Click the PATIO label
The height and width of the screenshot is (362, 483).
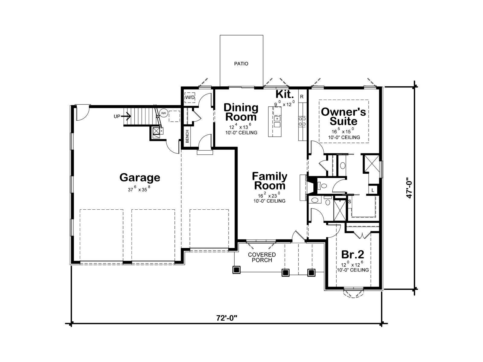[x=241, y=64]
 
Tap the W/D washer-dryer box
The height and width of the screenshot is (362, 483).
[x=190, y=97]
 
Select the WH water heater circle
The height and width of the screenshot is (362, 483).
[x=164, y=113]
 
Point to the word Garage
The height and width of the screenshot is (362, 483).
[x=140, y=178]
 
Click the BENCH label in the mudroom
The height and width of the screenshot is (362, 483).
[x=187, y=136]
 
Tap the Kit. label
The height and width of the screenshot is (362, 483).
[x=285, y=94]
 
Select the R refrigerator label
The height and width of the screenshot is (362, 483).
[x=302, y=97]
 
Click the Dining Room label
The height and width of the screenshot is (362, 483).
[x=241, y=112]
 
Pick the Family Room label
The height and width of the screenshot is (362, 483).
[x=270, y=181]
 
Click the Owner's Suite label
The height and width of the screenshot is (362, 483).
[x=343, y=116]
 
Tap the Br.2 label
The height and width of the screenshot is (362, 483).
[x=353, y=255]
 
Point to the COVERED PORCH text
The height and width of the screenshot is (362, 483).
[x=262, y=257]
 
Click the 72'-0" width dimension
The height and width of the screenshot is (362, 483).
[x=227, y=318]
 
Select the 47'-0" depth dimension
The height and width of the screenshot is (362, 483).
[x=409, y=188]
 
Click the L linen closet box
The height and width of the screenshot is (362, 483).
[x=373, y=190]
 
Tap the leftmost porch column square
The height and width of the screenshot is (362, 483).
[x=236, y=269]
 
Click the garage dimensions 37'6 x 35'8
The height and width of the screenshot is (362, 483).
[x=139, y=189]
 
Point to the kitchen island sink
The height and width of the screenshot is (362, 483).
[x=277, y=122]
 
